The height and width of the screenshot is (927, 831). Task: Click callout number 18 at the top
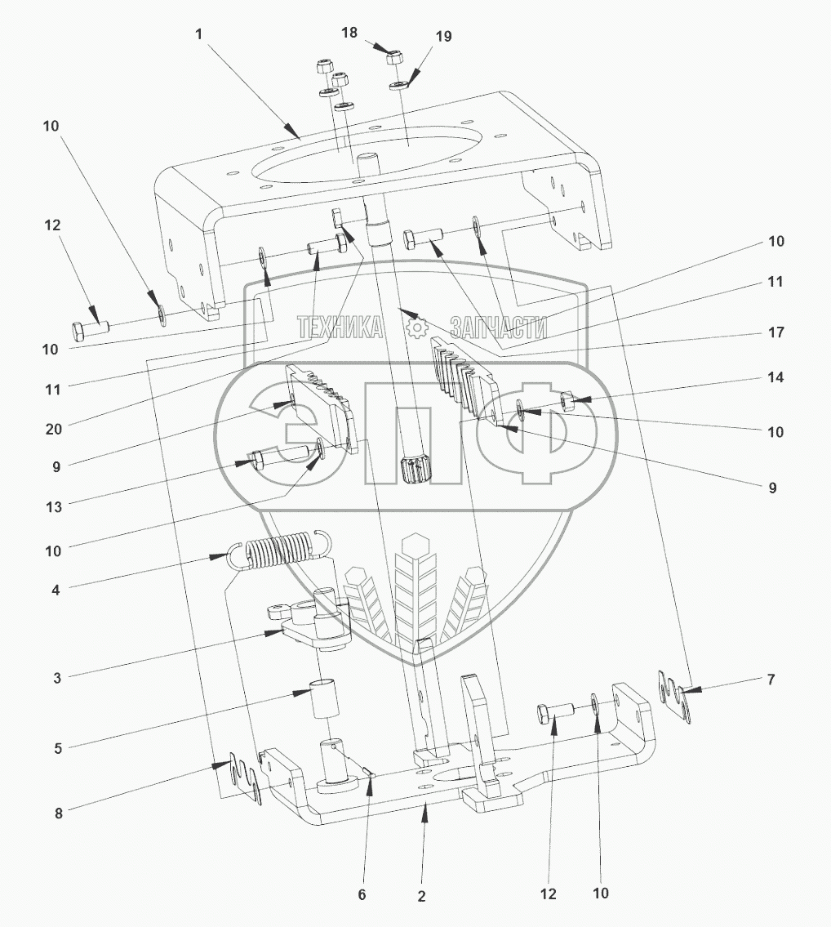click(x=349, y=33)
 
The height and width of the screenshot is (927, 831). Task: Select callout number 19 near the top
click(x=443, y=36)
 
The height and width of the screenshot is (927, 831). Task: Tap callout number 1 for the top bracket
click(x=198, y=34)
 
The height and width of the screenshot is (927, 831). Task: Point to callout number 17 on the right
click(x=775, y=332)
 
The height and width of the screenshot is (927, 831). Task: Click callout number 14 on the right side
click(x=775, y=377)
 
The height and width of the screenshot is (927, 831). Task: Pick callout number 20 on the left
click(x=54, y=429)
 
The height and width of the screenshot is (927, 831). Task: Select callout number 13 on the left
click(x=54, y=506)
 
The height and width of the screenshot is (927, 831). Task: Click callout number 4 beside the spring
click(x=56, y=590)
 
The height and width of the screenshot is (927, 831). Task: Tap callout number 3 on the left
click(x=57, y=678)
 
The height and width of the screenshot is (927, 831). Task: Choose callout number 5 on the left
click(x=57, y=748)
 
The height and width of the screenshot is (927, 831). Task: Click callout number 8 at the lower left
click(x=58, y=813)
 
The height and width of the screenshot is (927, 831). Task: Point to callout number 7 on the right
click(x=771, y=680)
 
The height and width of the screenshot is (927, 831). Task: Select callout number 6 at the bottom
click(x=362, y=894)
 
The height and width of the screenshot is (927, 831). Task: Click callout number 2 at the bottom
click(x=421, y=896)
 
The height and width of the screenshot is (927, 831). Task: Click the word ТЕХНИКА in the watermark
click(x=340, y=327)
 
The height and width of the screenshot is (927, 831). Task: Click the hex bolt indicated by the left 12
click(x=91, y=328)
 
